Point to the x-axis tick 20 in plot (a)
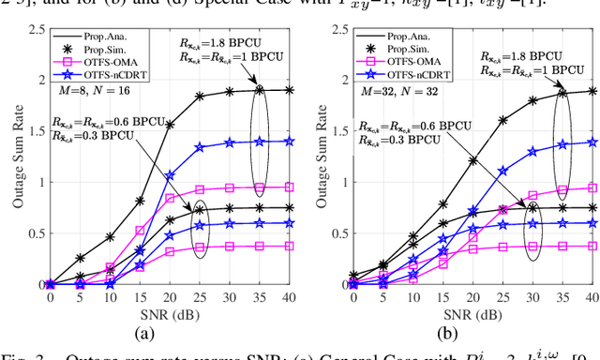point(170,296)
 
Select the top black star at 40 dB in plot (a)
point(288,90)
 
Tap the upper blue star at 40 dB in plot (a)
point(288,141)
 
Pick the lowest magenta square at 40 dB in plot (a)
point(288,246)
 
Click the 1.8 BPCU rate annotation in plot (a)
point(232,43)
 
